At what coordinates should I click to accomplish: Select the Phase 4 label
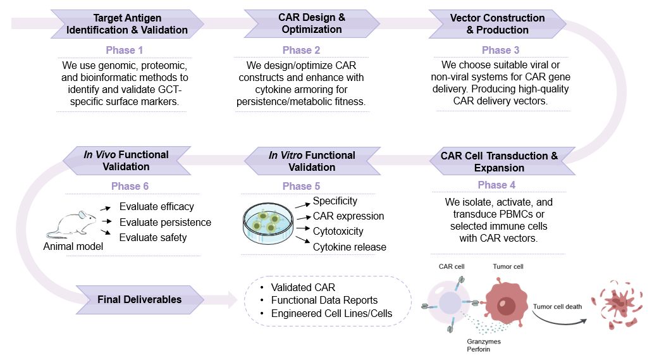(x=496, y=185)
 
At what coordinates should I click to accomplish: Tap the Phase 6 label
(x=130, y=186)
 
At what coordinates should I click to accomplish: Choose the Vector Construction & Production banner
(x=497, y=23)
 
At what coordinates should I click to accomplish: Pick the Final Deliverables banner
(x=139, y=299)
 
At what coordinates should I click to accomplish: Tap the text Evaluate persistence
(x=165, y=222)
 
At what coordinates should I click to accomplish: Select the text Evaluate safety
(x=153, y=238)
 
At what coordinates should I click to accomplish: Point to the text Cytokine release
(x=349, y=247)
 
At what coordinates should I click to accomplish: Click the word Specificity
(x=335, y=201)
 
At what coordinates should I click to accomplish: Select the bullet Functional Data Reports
(x=324, y=300)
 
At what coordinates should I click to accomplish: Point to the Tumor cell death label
(x=556, y=307)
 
